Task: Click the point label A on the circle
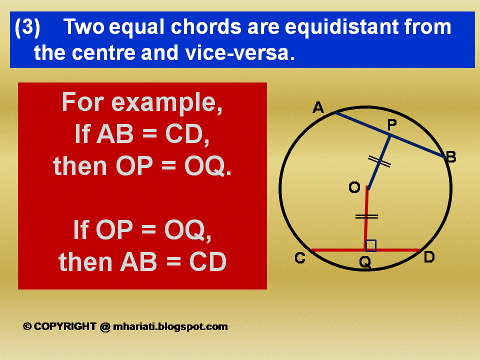[x=318, y=107]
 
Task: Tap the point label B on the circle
[x=451, y=157]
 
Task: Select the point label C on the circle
[x=300, y=258]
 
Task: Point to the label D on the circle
[x=429, y=257]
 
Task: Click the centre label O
[x=354, y=187]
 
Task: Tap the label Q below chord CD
[x=365, y=262]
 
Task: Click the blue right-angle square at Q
[x=371, y=245]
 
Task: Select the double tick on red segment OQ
[x=366, y=216]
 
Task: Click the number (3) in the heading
[x=27, y=27]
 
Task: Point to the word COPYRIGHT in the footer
[x=65, y=326]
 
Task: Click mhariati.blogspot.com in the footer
[x=170, y=326]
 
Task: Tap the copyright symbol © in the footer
[x=27, y=326]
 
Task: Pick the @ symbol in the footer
[x=104, y=326]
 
